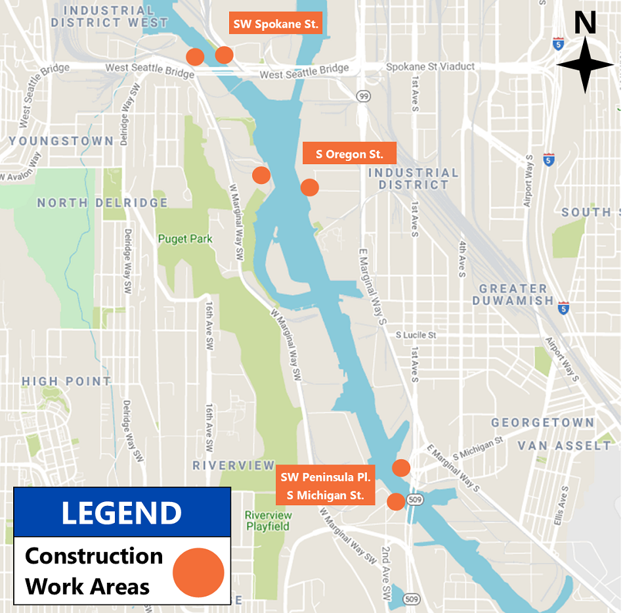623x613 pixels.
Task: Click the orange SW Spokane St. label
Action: pos(276,25)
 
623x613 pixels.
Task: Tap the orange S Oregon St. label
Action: pos(349,154)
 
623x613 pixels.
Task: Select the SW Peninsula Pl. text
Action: pos(326,477)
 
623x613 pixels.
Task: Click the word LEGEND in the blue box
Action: pos(121,513)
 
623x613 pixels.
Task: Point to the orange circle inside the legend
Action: pos(198,572)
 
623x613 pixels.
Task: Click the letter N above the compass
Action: pos(585,24)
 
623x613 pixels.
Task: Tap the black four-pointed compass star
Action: pos(585,65)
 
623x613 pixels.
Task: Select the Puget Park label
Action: pos(185,239)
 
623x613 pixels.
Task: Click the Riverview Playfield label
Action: pos(268,520)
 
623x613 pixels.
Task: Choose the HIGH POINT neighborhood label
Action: pos(66,381)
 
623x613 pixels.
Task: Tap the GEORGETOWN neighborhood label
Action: pos(542,422)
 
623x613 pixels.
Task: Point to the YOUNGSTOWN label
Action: pos(61,141)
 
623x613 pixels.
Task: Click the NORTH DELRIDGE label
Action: pos(102,203)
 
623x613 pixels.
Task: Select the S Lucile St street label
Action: pos(416,335)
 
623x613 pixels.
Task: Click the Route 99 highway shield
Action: pos(363,96)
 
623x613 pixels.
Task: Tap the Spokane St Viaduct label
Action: pos(430,67)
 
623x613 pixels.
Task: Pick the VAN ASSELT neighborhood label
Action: pos(564,445)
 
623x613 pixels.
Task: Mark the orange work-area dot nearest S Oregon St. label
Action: pos(309,187)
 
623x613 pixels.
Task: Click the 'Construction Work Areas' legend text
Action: pos(93,571)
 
